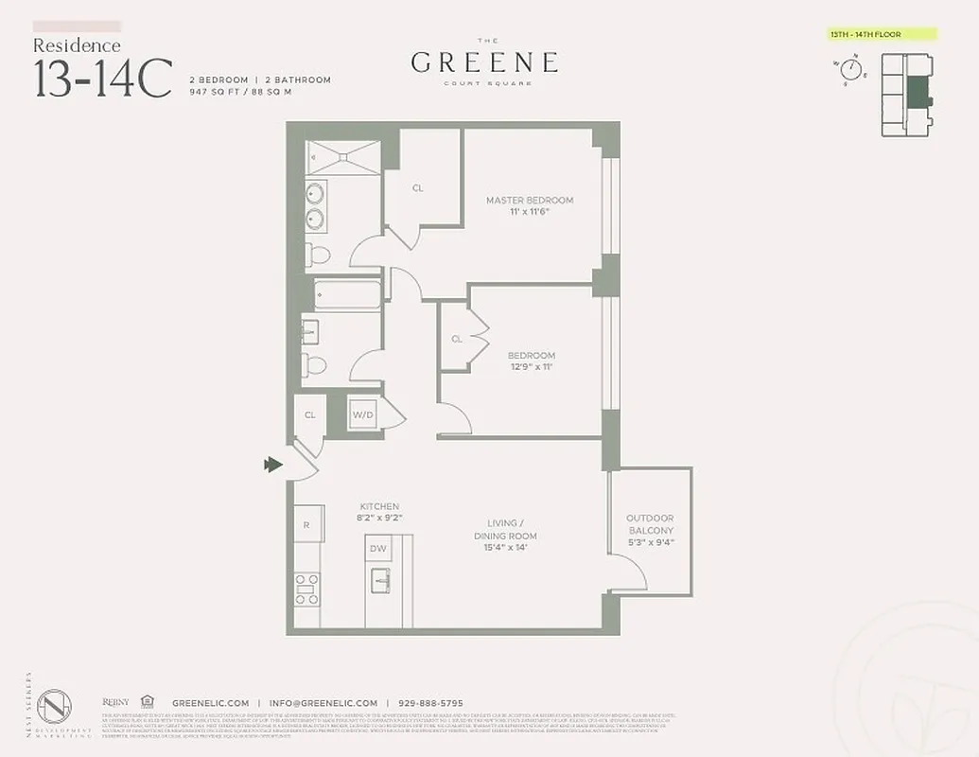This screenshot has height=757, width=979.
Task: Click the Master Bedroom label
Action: (x=529, y=200)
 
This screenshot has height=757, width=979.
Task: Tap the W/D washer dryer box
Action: (x=362, y=414)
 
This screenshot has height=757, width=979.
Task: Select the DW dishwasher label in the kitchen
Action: (x=378, y=548)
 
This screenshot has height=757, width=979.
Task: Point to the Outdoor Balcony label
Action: (x=650, y=524)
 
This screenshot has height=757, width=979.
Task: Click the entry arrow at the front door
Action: (x=274, y=464)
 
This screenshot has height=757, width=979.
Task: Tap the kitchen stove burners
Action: (x=306, y=589)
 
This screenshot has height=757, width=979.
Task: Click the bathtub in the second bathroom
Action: (x=347, y=295)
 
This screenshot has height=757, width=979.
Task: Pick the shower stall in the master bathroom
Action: (x=343, y=157)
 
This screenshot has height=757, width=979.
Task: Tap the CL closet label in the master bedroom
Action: (x=417, y=188)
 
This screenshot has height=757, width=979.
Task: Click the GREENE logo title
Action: (x=483, y=62)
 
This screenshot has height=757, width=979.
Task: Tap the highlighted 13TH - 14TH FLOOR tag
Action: (x=879, y=35)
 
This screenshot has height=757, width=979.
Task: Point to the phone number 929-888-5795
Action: (x=429, y=703)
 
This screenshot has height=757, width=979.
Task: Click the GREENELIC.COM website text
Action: (x=210, y=703)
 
